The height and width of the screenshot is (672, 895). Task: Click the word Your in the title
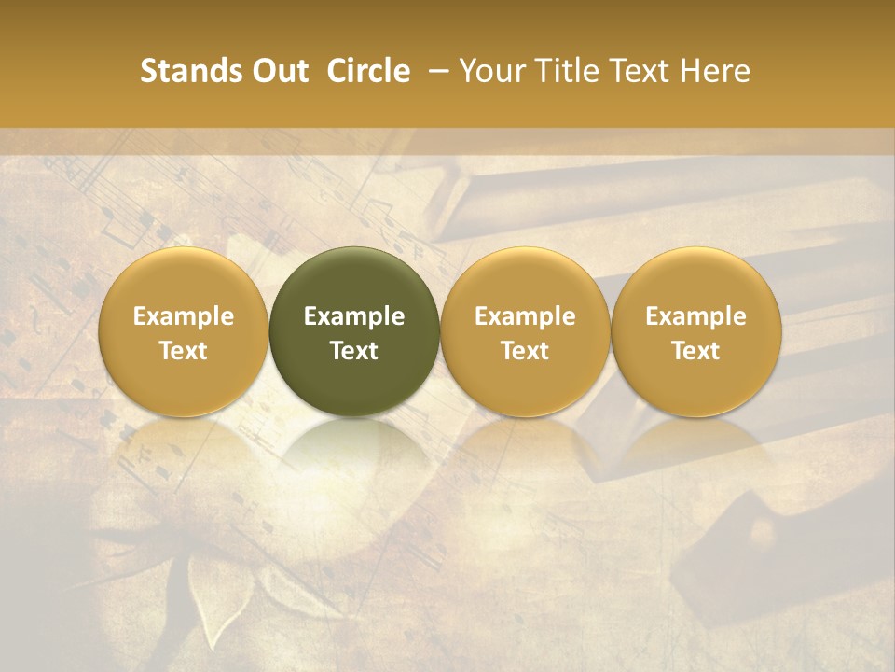click(490, 71)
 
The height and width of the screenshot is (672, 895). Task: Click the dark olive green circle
click(354, 280)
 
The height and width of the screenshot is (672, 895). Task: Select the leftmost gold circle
click(183, 280)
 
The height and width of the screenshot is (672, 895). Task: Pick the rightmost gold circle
click(696, 280)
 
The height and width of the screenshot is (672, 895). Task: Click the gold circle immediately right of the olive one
click(525, 280)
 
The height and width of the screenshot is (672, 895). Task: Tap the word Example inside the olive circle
click(354, 316)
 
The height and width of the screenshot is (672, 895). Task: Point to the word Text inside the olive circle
click(354, 351)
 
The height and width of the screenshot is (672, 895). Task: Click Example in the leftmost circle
click(183, 316)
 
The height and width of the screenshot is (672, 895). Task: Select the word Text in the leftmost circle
click(183, 351)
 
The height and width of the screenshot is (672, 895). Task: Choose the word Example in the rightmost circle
click(696, 316)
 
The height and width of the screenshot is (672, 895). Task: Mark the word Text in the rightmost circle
click(696, 351)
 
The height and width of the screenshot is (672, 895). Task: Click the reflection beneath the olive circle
click(354, 448)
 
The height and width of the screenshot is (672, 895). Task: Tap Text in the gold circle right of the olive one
click(525, 351)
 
